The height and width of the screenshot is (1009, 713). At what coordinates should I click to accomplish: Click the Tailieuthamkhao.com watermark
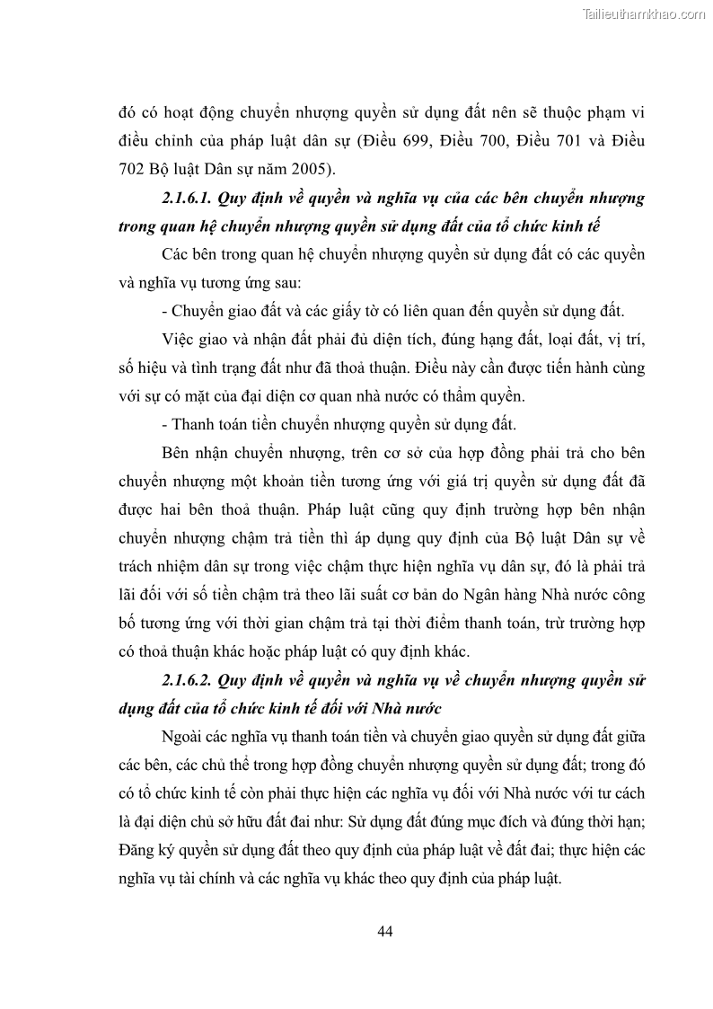pos(644,13)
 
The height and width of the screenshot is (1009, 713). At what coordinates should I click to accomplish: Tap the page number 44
pos(385,931)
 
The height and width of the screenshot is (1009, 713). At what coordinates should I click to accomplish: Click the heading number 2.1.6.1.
pos(190,197)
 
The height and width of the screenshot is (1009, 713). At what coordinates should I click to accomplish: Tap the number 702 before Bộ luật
pos(133,168)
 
